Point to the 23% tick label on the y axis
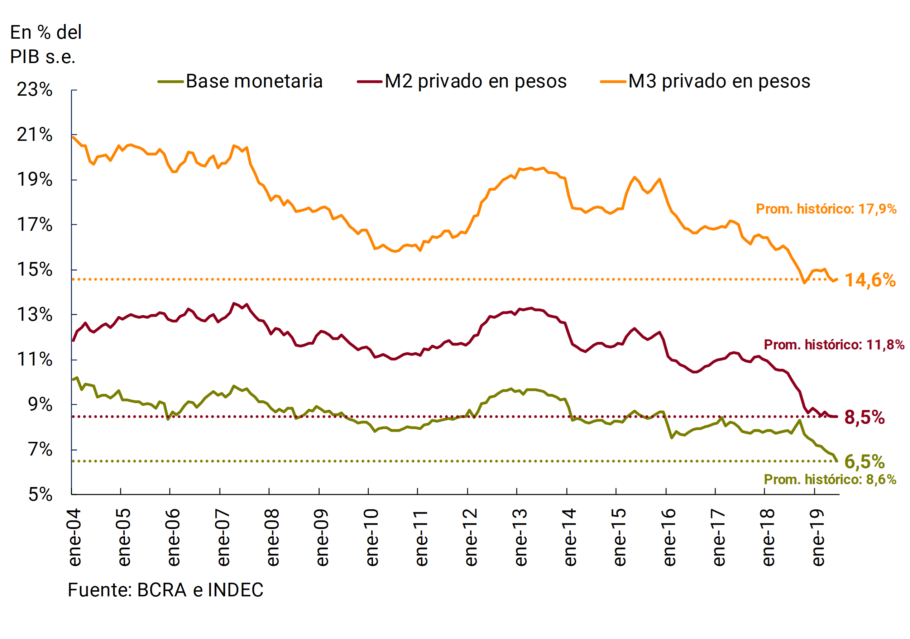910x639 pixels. (34, 90)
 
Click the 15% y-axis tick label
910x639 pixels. (34, 270)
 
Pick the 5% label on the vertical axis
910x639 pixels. (40, 494)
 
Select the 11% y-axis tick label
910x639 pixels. (34, 359)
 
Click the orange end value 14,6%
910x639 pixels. (870, 280)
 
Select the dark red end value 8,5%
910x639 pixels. (864, 418)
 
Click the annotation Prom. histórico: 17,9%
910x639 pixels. (826, 209)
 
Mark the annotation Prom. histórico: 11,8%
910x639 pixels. (834, 345)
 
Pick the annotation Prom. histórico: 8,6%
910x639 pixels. (830, 480)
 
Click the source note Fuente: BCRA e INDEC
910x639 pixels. (165, 590)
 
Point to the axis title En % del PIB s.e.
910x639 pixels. (45, 44)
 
